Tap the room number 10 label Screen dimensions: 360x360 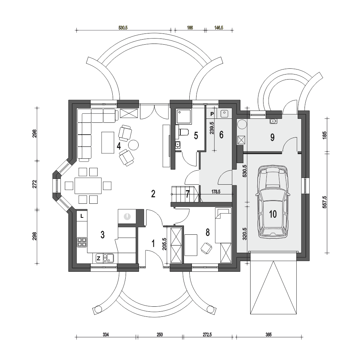point(273,214)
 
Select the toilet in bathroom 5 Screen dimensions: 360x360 point(184,132)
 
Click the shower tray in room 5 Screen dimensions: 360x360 point(184,116)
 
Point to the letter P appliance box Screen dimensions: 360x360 point(212,114)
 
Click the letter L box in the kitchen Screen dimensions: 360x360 point(82,216)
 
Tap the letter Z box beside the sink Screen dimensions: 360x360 point(99,258)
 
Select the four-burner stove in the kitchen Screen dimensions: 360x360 point(82,242)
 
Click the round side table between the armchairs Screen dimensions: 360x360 point(133,145)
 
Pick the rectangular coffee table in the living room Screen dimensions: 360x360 point(108,142)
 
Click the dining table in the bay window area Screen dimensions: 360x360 point(88,185)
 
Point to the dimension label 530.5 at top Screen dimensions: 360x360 point(123,28)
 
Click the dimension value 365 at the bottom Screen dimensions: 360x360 point(269,334)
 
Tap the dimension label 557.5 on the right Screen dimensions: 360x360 point(324,202)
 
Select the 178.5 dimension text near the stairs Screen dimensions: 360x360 point(216,192)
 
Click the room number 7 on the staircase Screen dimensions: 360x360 point(188,194)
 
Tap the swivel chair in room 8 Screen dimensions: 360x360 point(206,248)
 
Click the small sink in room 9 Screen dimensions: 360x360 point(273,121)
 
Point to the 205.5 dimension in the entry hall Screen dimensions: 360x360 point(164,244)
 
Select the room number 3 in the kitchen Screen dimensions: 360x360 point(102,235)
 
